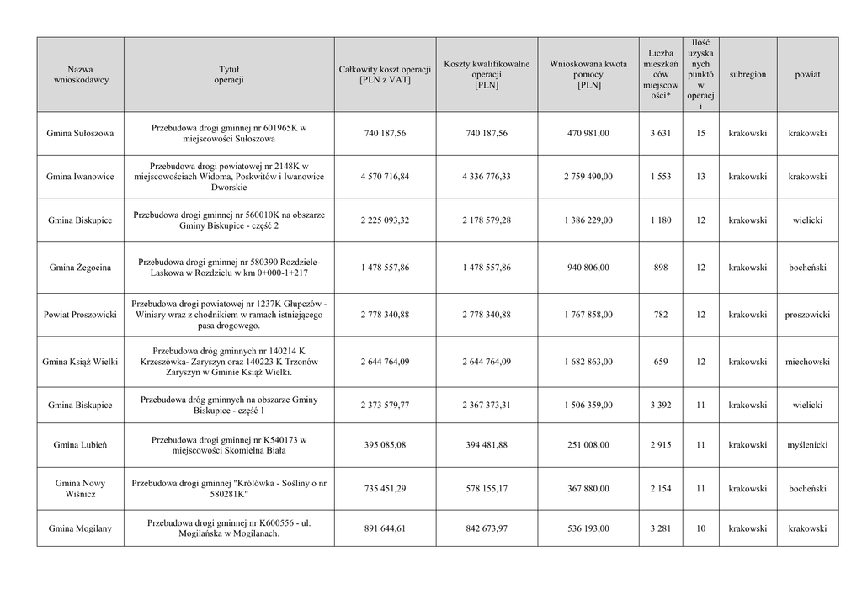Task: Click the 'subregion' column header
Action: tap(748, 75)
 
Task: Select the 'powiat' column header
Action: tap(807, 75)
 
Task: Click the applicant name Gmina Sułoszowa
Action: tap(80, 133)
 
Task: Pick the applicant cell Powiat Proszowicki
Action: tap(80, 315)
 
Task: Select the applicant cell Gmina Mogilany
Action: tap(80, 528)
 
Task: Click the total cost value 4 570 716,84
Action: tap(385, 177)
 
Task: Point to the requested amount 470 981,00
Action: tap(588, 133)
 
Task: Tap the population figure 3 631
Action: tap(660, 133)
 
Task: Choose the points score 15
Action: tap(700, 133)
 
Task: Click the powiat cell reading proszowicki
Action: tap(807, 315)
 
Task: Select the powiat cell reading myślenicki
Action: tap(807, 444)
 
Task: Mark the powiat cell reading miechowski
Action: tap(807, 362)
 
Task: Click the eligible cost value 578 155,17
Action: tap(487, 489)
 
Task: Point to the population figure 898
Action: tap(660, 268)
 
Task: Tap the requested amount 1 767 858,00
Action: tap(588, 315)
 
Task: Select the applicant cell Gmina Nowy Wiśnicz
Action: tap(80, 489)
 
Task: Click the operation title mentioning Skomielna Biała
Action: tap(229, 444)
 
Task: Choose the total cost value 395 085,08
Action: tap(385, 444)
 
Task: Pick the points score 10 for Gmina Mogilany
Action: tap(700, 528)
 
